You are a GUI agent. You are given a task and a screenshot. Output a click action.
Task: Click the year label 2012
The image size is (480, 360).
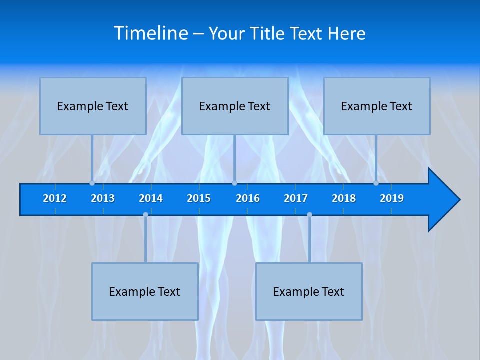55,199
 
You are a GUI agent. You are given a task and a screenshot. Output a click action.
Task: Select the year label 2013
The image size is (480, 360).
103,199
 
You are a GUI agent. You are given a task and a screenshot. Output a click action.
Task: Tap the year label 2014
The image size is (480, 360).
151,199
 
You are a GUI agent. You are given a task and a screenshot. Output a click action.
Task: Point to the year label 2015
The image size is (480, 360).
199,199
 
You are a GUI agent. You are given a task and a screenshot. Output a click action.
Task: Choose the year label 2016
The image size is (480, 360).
248,199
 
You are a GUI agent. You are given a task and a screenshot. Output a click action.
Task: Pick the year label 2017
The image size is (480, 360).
296,199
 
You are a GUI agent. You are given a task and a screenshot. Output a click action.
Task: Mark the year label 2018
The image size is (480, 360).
344,199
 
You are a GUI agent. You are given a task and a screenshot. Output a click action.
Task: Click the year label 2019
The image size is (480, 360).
392,199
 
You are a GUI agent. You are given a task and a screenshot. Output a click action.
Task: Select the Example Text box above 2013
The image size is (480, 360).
93,106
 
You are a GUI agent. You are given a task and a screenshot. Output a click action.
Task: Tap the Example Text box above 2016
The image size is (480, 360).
235,106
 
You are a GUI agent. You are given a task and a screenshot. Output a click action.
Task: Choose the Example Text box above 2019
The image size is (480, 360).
377,106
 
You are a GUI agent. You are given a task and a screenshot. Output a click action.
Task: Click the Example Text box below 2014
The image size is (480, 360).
145,291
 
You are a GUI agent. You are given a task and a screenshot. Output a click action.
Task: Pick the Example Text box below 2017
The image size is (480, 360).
309,291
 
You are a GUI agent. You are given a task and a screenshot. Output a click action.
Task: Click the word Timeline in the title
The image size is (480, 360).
151,33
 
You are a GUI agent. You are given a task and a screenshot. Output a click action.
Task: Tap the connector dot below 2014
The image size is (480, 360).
145,214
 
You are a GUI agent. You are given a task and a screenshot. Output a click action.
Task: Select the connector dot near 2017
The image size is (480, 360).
309,214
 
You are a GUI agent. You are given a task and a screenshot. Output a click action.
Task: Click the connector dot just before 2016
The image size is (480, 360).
234,183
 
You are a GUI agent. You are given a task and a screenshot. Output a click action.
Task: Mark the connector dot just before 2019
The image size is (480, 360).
376,183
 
